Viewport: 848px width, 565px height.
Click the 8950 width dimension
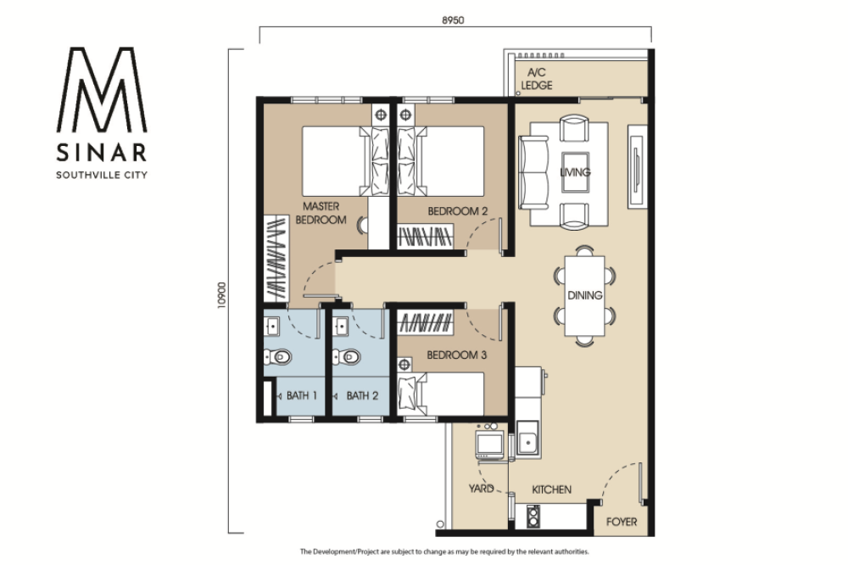tap(453, 20)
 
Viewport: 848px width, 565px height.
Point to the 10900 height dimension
tap(221, 295)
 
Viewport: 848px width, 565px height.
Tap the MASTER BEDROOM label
tap(321, 213)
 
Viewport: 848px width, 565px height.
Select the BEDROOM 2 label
tap(458, 211)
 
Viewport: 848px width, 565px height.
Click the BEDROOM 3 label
tap(457, 355)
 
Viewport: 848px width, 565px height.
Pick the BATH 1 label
tap(302, 395)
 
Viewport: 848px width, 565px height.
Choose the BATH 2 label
tap(362, 395)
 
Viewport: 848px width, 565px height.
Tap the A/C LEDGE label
tap(537, 78)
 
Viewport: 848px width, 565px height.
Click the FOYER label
tap(622, 522)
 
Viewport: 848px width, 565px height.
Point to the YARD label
tap(481, 489)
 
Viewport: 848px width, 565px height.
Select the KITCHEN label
tap(552, 489)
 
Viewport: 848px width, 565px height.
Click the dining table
tap(584, 295)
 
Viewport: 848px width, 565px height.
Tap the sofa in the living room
tap(533, 172)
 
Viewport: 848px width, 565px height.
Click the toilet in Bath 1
tap(277, 356)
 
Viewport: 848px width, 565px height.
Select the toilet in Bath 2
tap(346, 356)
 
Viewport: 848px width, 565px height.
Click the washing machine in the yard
tap(490, 444)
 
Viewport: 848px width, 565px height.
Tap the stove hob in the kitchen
tap(533, 517)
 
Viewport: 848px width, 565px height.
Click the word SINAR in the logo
tap(102, 153)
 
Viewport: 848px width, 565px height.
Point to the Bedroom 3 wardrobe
tap(426, 322)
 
